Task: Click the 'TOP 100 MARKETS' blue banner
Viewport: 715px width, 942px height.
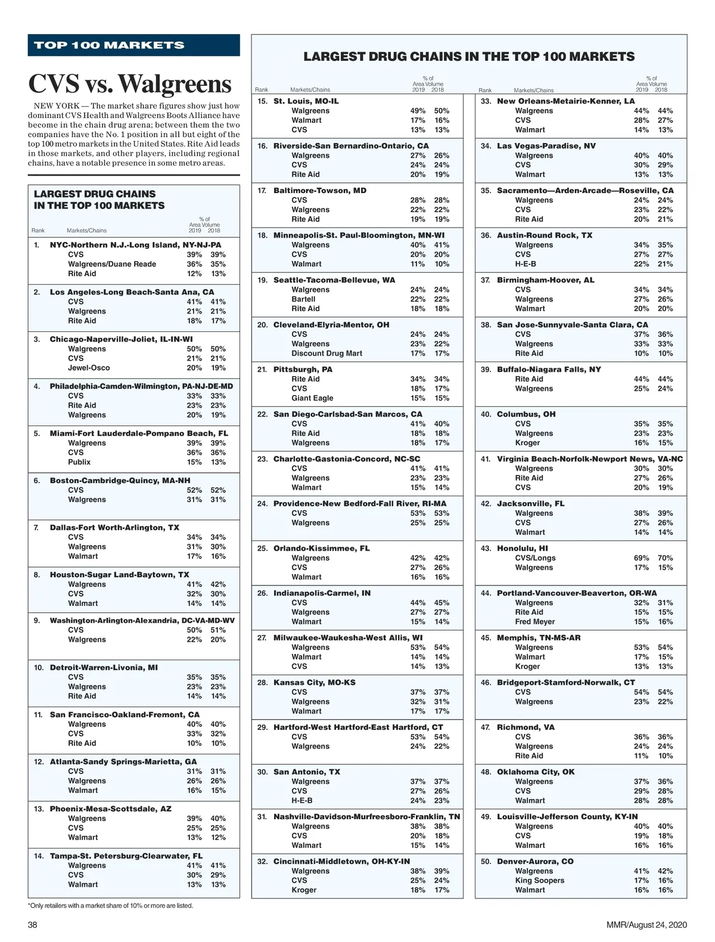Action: (x=133, y=45)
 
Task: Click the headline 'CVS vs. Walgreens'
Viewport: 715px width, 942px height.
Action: (x=130, y=84)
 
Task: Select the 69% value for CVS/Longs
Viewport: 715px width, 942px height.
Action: (x=641, y=558)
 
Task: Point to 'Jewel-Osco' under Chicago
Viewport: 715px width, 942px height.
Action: (x=89, y=368)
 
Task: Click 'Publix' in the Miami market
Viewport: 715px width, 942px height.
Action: (x=79, y=462)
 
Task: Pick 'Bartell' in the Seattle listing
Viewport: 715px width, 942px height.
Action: (x=303, y=299)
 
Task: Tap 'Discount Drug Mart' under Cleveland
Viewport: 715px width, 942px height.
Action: (x=327, y=353)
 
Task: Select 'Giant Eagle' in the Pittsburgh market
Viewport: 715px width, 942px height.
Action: (x=312, y=398)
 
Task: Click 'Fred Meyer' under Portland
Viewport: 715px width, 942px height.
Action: (x=534, y=621)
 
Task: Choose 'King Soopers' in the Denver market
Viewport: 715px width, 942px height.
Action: (x=539, y=880)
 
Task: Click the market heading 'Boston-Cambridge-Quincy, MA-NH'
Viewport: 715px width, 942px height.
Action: (x=120, y=480)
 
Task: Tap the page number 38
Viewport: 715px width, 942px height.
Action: (x=33, y=925)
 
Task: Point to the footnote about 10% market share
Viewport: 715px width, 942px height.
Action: (x=110, y=906)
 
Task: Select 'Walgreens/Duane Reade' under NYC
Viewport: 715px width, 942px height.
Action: (x=112, y=264)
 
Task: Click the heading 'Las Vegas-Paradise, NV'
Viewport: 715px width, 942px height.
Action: (x=546, y=146)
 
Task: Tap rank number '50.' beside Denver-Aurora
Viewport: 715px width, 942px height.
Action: (x=486, y=862)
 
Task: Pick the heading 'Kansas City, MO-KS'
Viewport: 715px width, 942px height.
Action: (x=314, y=682)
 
